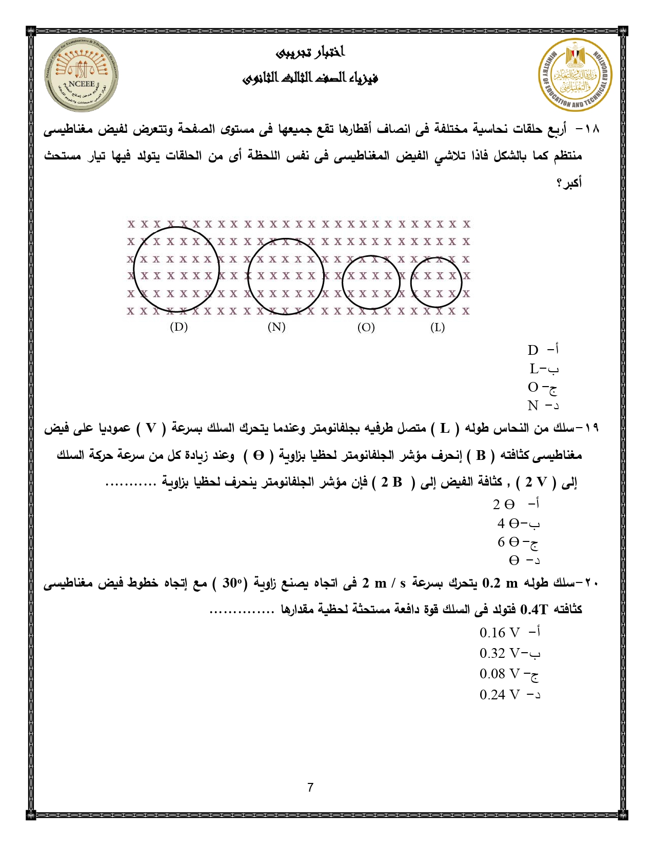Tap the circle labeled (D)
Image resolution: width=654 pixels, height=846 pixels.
pos(176,269)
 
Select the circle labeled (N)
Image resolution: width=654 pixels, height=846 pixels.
pos(286,276)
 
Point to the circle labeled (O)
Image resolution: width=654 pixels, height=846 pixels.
pos(371,282)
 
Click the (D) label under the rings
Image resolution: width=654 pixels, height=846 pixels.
pos(179,327)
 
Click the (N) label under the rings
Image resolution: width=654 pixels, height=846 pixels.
pos(276,327)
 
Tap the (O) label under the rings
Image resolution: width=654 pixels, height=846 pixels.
pos(366,328)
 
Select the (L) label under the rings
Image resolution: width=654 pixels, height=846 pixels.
pos(437,328)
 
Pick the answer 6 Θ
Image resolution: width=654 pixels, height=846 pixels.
pos(517,542)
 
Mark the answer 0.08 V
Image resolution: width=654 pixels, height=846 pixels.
pos(508,674)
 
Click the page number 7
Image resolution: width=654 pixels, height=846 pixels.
pos(310,788)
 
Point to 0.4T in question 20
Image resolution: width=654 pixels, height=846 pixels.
pos(534,610)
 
